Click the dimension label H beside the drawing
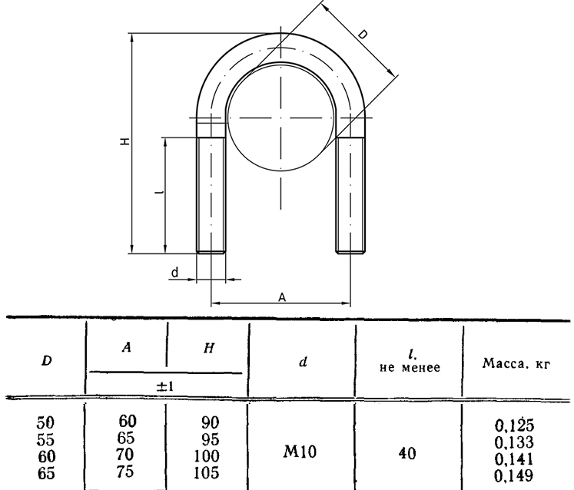click(125, 141)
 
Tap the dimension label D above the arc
click(362, 35)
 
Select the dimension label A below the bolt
click(282, 297)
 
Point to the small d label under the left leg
click(175, 273)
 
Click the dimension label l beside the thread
click(159, 191)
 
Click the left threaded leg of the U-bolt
click(211, 195)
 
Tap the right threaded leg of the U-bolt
click(350, 195)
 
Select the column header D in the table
click(47, 361)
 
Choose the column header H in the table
click(209, 348)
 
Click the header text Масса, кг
click(516, 363)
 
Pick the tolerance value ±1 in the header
click(165, 386)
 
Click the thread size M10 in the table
click(300, 452)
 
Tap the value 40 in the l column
click(407, 454)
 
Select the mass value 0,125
click(514, 425)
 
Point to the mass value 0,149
click(513, 475)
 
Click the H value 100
click(207, 456)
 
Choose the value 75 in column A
click(125, 472)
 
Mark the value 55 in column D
click(45, 439)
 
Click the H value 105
click(207, 473)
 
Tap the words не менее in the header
click(410, 367)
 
